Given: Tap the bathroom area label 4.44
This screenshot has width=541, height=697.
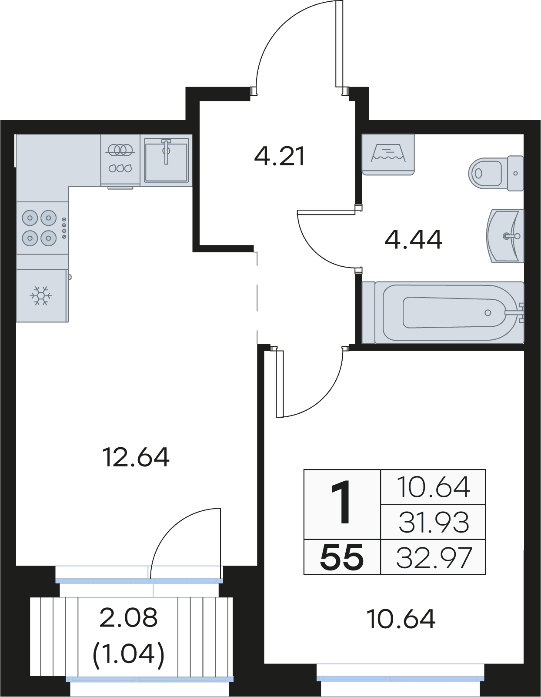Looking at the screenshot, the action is pos(414,239).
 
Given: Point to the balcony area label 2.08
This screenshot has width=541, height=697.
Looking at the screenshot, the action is pos(128,618).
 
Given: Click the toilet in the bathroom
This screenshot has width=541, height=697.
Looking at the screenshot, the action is pos(496,173).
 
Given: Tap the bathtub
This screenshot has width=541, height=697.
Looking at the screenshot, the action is pos(443,312).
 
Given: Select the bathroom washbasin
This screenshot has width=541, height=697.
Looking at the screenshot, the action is pos(505,236).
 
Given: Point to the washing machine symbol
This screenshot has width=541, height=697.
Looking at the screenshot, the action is pos(388,154).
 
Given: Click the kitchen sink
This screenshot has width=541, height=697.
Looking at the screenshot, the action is pos(166,160).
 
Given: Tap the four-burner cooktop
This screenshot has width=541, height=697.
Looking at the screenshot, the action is pos(42,228).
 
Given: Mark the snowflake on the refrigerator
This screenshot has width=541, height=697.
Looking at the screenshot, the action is pos(41,295).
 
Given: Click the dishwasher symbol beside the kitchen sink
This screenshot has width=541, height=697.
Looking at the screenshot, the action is pos(120,160).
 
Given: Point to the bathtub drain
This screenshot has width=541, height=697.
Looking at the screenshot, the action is pos(488,313).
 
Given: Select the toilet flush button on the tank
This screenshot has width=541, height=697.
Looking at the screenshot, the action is pos(515,173).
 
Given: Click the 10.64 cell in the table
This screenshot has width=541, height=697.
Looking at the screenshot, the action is pos(433,486).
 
